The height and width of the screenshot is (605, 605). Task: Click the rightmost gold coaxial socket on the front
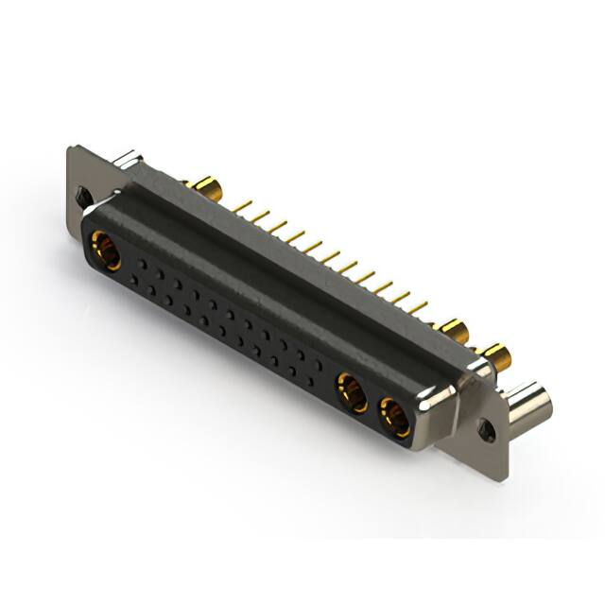(395, 417)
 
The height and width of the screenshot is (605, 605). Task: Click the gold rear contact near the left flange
(201, 183)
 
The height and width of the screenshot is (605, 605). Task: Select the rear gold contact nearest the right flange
(493, 357)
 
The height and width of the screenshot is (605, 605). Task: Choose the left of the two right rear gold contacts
(453, 332)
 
